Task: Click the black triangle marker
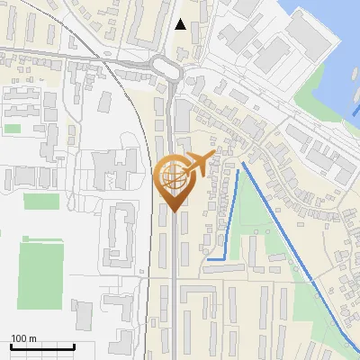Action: [x=181, y=24]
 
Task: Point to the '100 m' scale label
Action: [x=24, y=338]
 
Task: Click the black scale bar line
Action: [x=41, y=347]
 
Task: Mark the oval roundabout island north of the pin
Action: [x=165, y=66]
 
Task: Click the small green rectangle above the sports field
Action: [x=41, y=202]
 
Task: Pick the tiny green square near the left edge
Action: [x=12, y=129]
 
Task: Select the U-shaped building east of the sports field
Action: [x=121, y=236]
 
